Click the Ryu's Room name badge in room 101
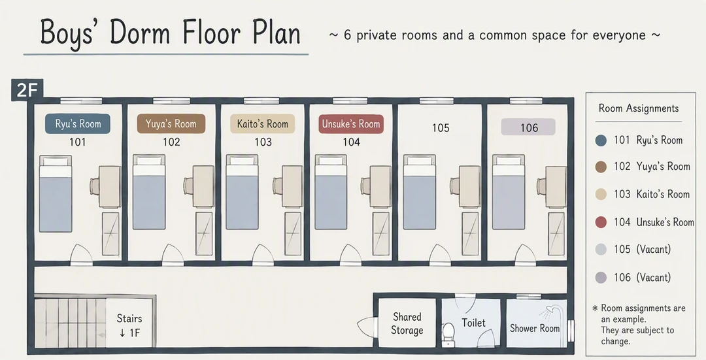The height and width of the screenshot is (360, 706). coord(77,123)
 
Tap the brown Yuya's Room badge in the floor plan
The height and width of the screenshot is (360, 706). coord(171,123)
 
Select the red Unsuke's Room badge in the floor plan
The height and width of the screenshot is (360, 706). coord(351,123)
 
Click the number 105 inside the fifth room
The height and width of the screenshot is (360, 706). coord(441,128)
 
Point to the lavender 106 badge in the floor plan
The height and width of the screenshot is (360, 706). coord(528,127)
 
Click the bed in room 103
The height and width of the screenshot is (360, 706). coord(243,192)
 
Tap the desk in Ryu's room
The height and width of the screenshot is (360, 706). coord(110,186)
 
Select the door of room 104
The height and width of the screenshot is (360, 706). coord(350,255)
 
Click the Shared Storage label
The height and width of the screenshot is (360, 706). coord(407,323)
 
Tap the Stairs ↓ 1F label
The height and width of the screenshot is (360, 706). coord(129,325)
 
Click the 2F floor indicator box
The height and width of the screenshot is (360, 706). coord(27,90)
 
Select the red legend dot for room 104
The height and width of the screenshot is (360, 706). coord(601,222)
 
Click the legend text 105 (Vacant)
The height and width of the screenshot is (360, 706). coord(642,250)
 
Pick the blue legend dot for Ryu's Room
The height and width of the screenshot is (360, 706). coord(601,140)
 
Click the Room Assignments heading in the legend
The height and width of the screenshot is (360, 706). coord(639,108)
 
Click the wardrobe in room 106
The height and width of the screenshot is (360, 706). coord(556,233)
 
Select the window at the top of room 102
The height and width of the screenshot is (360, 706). coord(171,101)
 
